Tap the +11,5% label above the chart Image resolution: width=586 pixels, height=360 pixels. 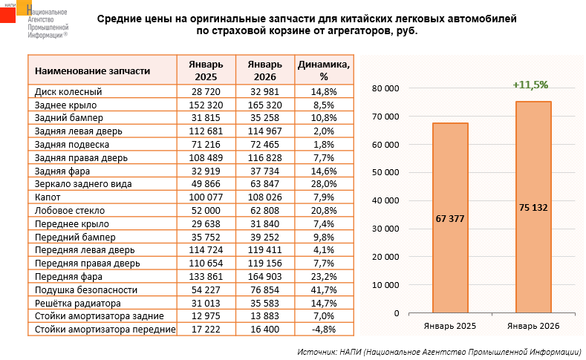(x=530, y=85)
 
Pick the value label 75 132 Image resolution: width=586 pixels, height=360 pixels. (x=533, y=207)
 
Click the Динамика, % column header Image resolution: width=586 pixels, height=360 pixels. (x=324, y=71)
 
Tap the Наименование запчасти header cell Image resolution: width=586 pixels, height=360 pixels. (x=93, y=71)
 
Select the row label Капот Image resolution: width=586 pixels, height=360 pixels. (x=46, y=197)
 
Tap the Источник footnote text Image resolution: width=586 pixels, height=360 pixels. (x=438, y=350)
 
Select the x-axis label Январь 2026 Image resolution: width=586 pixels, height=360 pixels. (x=533, y=326)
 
